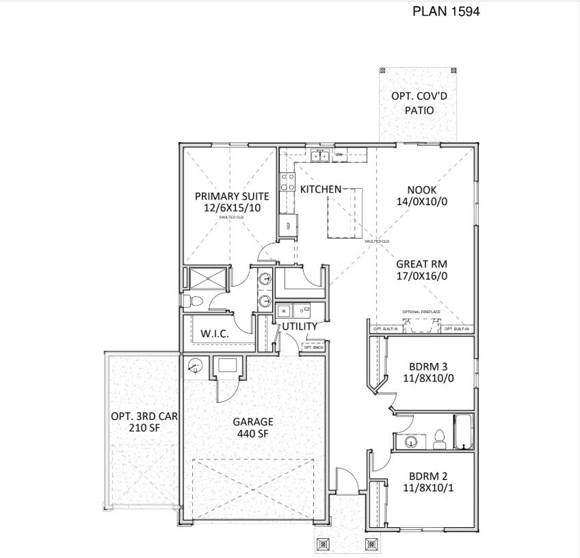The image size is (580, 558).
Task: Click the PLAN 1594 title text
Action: pos(445,12)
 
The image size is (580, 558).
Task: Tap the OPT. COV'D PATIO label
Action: pos(419,103)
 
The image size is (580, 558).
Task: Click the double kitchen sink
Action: pos(320,156)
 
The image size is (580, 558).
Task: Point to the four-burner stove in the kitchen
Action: pos(287,181)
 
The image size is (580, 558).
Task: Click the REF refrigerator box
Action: pos(288,225)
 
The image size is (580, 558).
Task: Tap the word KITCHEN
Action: pos(320,189)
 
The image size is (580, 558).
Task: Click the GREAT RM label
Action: pos(421,264)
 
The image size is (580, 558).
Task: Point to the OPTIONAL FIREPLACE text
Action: pos(421,312)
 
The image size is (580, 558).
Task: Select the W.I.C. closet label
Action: pos(214,334)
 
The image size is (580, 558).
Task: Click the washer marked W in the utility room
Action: pos(283,310)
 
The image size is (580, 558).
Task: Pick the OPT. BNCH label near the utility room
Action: pos(313,347)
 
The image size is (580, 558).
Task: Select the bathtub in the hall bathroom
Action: pos(464,432)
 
